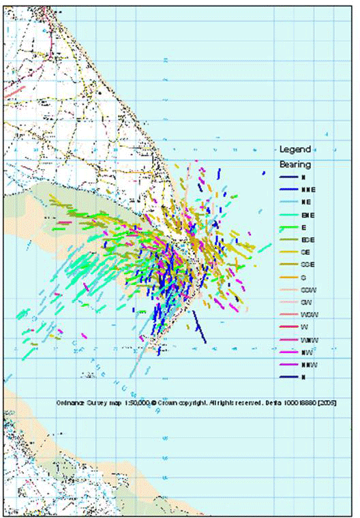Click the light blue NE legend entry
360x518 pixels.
[x=305, y=202]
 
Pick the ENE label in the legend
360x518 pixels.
[x=306, y=215]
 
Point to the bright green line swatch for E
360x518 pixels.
[x=289, y=227]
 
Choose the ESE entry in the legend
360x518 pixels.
[x=306, y=239]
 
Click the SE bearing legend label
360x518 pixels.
[x=305, y=252]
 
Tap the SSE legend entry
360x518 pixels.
[x=306, y=264]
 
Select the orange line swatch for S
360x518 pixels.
[x=289, y=277]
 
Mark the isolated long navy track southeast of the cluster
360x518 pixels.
[x=198, y=327]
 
